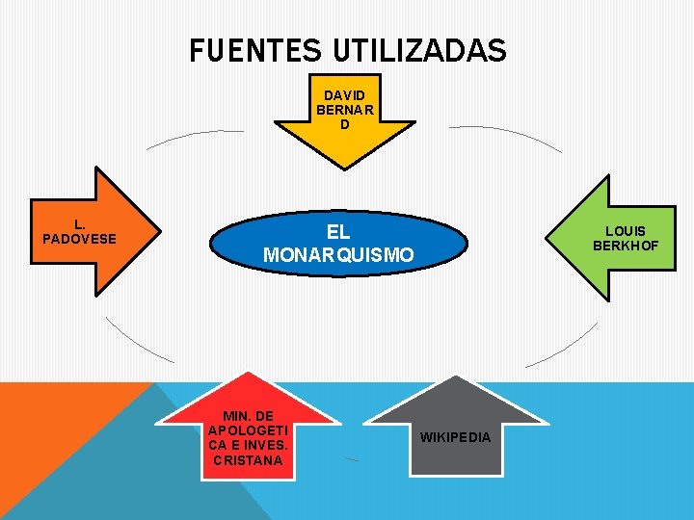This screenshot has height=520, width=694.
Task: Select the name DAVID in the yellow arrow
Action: pos(345,95)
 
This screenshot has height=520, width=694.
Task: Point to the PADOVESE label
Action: pos(79,238)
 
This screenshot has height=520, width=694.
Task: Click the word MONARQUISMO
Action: pos(339,255)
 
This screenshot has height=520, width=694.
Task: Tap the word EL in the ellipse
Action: pos(338,232)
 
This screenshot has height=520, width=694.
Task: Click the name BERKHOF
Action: pos(626,246)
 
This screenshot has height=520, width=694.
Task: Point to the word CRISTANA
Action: pos(248,459)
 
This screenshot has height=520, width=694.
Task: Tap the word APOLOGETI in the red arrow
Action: pos(249,430)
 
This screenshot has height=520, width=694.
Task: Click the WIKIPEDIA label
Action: pos(456,437)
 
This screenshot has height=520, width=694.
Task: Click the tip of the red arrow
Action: pos(250,374)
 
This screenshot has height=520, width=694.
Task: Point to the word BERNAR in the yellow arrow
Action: pos(345,110)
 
